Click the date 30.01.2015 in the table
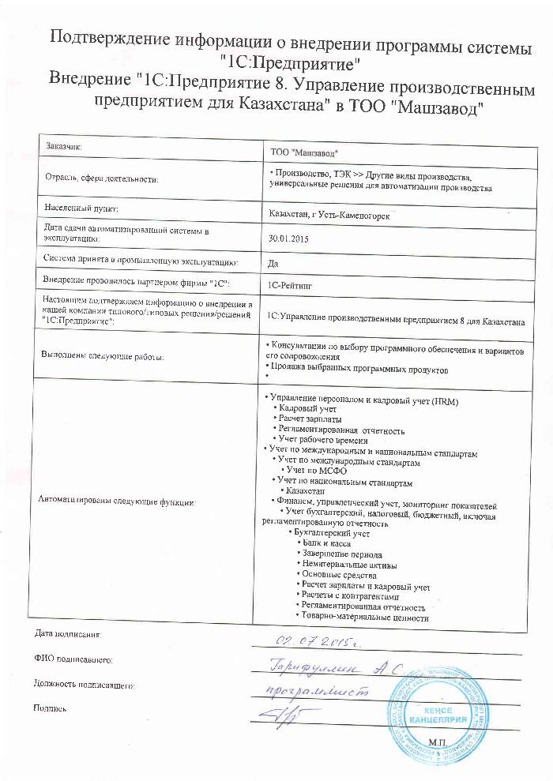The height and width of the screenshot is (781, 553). [288, 237]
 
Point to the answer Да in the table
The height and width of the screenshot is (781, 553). [273, 263]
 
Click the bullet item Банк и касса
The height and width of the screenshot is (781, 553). [325, 543]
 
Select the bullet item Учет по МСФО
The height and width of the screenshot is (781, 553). [314, 470]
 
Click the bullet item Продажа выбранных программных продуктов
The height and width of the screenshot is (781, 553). [357, 370]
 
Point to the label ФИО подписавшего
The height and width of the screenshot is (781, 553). [75, 659]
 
